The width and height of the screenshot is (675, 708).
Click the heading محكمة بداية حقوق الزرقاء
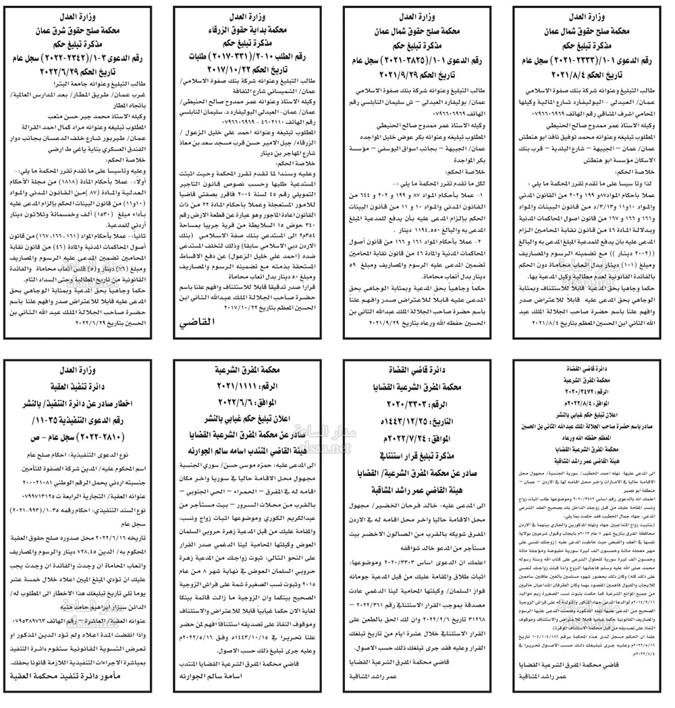(250, 30)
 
